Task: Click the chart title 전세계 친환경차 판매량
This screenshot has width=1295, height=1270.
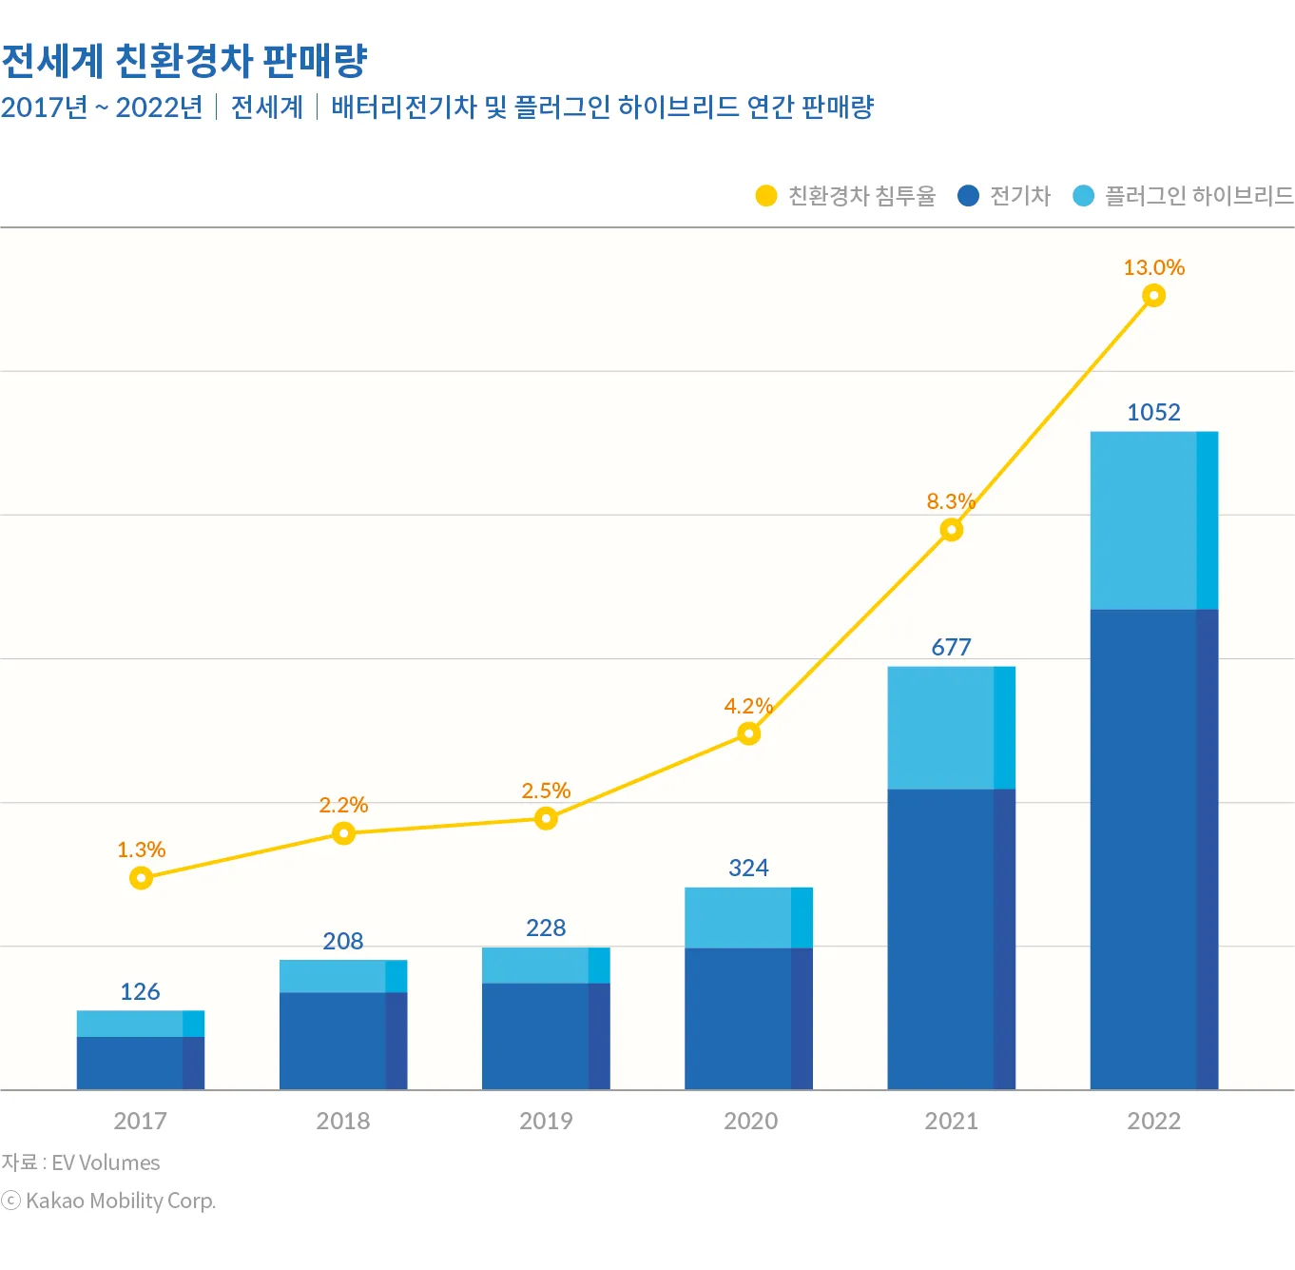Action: click(x=184, y=61)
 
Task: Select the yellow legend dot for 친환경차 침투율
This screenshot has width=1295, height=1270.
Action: click(x=766, y=196)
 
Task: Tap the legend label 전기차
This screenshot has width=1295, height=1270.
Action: click(x=1020, y=196)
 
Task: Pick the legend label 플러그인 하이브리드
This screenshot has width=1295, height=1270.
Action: click(x=1199, y=196)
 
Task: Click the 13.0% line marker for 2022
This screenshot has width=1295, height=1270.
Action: click(x=1153, y=296)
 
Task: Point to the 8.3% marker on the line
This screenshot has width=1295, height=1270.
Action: click(x=951, y=530)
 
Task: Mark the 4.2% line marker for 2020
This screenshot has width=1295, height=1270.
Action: click(x=749, y=733)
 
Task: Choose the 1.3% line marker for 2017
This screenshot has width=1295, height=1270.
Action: click(x=141, y=878)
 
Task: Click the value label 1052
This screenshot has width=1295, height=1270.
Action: click(x=1153, y=412)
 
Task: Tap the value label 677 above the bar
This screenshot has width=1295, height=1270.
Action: click(x=951, y=647)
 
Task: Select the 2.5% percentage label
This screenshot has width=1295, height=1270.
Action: click(x=546, y=791)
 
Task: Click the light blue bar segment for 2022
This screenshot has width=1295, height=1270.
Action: click(x=1153, y=520)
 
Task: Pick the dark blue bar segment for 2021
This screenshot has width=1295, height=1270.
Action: click(x=951, y=938)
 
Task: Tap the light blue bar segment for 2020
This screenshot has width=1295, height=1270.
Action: click(x=748, y=918)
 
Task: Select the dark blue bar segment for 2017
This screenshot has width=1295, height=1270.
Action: click(x=140, y=1063)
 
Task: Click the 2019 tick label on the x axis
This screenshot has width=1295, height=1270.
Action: click(x=546, y=1121)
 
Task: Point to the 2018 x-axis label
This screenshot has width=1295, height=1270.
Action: click(x=343, y=1121)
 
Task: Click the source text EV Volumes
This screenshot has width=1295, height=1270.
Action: click(x=105, y=1163)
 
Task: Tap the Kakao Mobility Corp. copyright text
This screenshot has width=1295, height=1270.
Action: click(x=120, y=1201)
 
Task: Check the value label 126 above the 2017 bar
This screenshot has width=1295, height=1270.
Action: click(x=140, y=991)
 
